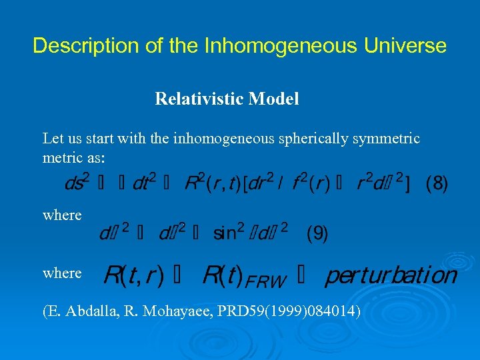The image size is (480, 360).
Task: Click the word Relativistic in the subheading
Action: [199, 99]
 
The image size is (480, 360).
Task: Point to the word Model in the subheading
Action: [273, 99]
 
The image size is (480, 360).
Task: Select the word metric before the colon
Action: [61, 159]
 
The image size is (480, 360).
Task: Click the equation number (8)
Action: [437, 183]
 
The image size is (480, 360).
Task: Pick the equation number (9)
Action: [317, 234]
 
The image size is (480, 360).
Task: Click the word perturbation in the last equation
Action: [391, 275]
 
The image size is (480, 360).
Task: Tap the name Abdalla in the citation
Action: [87, 310]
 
